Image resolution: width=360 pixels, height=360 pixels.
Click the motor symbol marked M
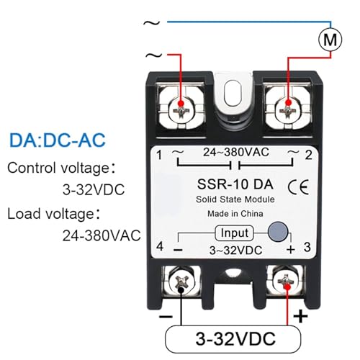330,40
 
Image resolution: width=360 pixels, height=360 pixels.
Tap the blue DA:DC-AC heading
58,140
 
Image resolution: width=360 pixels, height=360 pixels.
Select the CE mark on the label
298,186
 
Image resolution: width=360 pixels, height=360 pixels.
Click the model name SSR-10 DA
235,184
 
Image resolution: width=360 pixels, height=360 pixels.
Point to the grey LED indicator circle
278,232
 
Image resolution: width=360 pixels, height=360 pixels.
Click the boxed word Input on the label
234,233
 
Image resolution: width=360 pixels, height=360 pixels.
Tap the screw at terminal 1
181,111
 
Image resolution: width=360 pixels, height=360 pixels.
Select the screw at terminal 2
288,111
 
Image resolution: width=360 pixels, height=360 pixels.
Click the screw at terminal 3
286,282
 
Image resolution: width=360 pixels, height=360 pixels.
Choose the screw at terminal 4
181,282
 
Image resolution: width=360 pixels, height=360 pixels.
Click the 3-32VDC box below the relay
233,339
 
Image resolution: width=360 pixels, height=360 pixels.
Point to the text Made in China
235,214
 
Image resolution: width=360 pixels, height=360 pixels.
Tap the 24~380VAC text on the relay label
236,152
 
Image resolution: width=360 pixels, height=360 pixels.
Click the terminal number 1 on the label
159,155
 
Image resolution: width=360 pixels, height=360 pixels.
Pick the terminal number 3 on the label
307,247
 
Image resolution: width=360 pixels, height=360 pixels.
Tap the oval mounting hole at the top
233,94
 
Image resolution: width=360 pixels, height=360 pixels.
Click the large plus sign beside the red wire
300,316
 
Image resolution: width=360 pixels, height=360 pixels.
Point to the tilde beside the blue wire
151,23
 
